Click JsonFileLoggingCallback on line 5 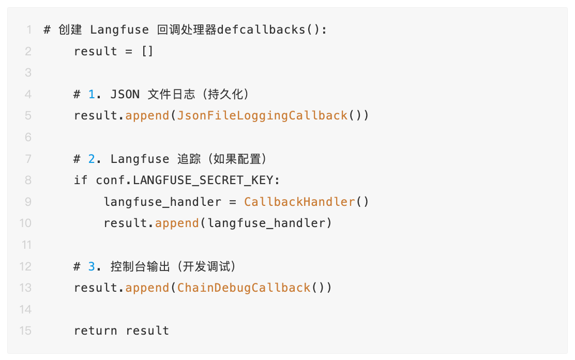(x=262, y=115)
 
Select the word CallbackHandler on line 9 (x=300, y=201)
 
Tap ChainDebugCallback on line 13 (x=244, y=288)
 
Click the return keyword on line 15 (x=96, y=331)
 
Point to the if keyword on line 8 (x=81, y=180)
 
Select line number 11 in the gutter (x=25, y=245)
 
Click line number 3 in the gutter (x=28, y=72)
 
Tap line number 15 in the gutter (x=25, y=331)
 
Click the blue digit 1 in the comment (x=92, y=94)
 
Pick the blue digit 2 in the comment (x=92, y=159)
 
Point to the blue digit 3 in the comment (x=92, y=266)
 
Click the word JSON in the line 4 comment (x=125, y=94)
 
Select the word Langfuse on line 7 (x=140, y=159)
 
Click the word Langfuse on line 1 (x=119, y=29)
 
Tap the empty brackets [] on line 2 (x=147, y=51)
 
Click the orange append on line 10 (x=177, y=223)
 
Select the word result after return (x=147, y=331)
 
